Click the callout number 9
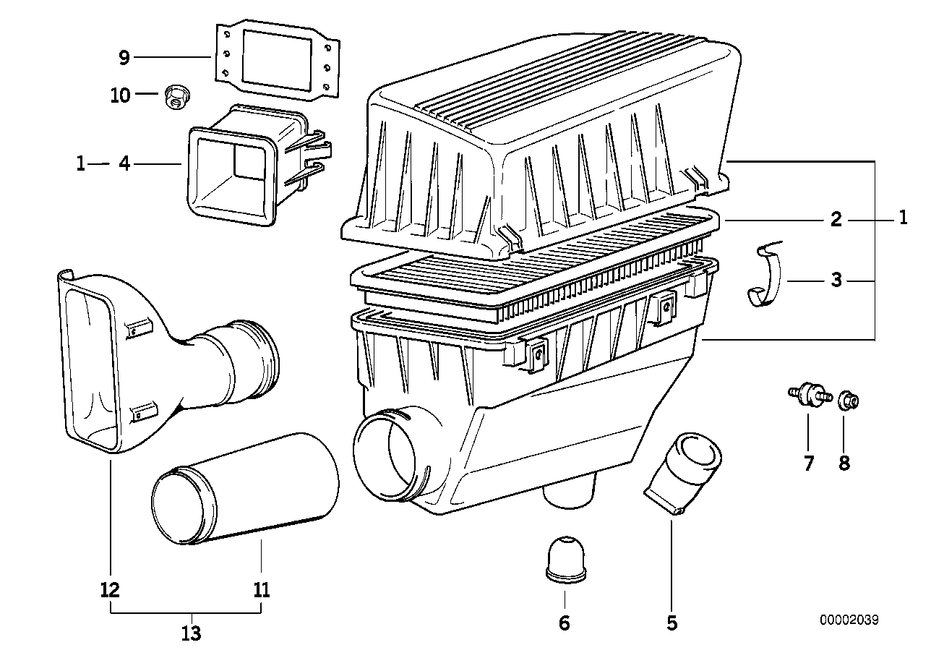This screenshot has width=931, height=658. pyautogui.click(x=124, y=57)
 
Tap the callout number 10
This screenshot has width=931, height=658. pyautogui.click(x=121, y=95)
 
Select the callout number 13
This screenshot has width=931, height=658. pyautogui.click(x=190, y=633)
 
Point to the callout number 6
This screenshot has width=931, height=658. pyautogui.click(x=564, y=623)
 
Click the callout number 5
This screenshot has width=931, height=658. pyautogui.click(x=672, y=623)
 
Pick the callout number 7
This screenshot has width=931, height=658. pyautogui.click(x=808, y=463)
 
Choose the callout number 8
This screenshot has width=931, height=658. pyautogui.click(x=844, y=463)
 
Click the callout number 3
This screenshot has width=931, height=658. pyautogui.click(x=836, y=280)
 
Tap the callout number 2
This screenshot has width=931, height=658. pyautogui.click(x=836, y=219)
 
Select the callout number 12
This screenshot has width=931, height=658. pyautogui.click(x=110, y=590)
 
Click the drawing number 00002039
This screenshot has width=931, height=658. pyautogui.click(x=849, y=620)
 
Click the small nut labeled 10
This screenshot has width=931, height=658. pyautogui.click(x=173, y=95)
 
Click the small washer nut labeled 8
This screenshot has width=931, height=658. pyautogui.click(x=848, y=398)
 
